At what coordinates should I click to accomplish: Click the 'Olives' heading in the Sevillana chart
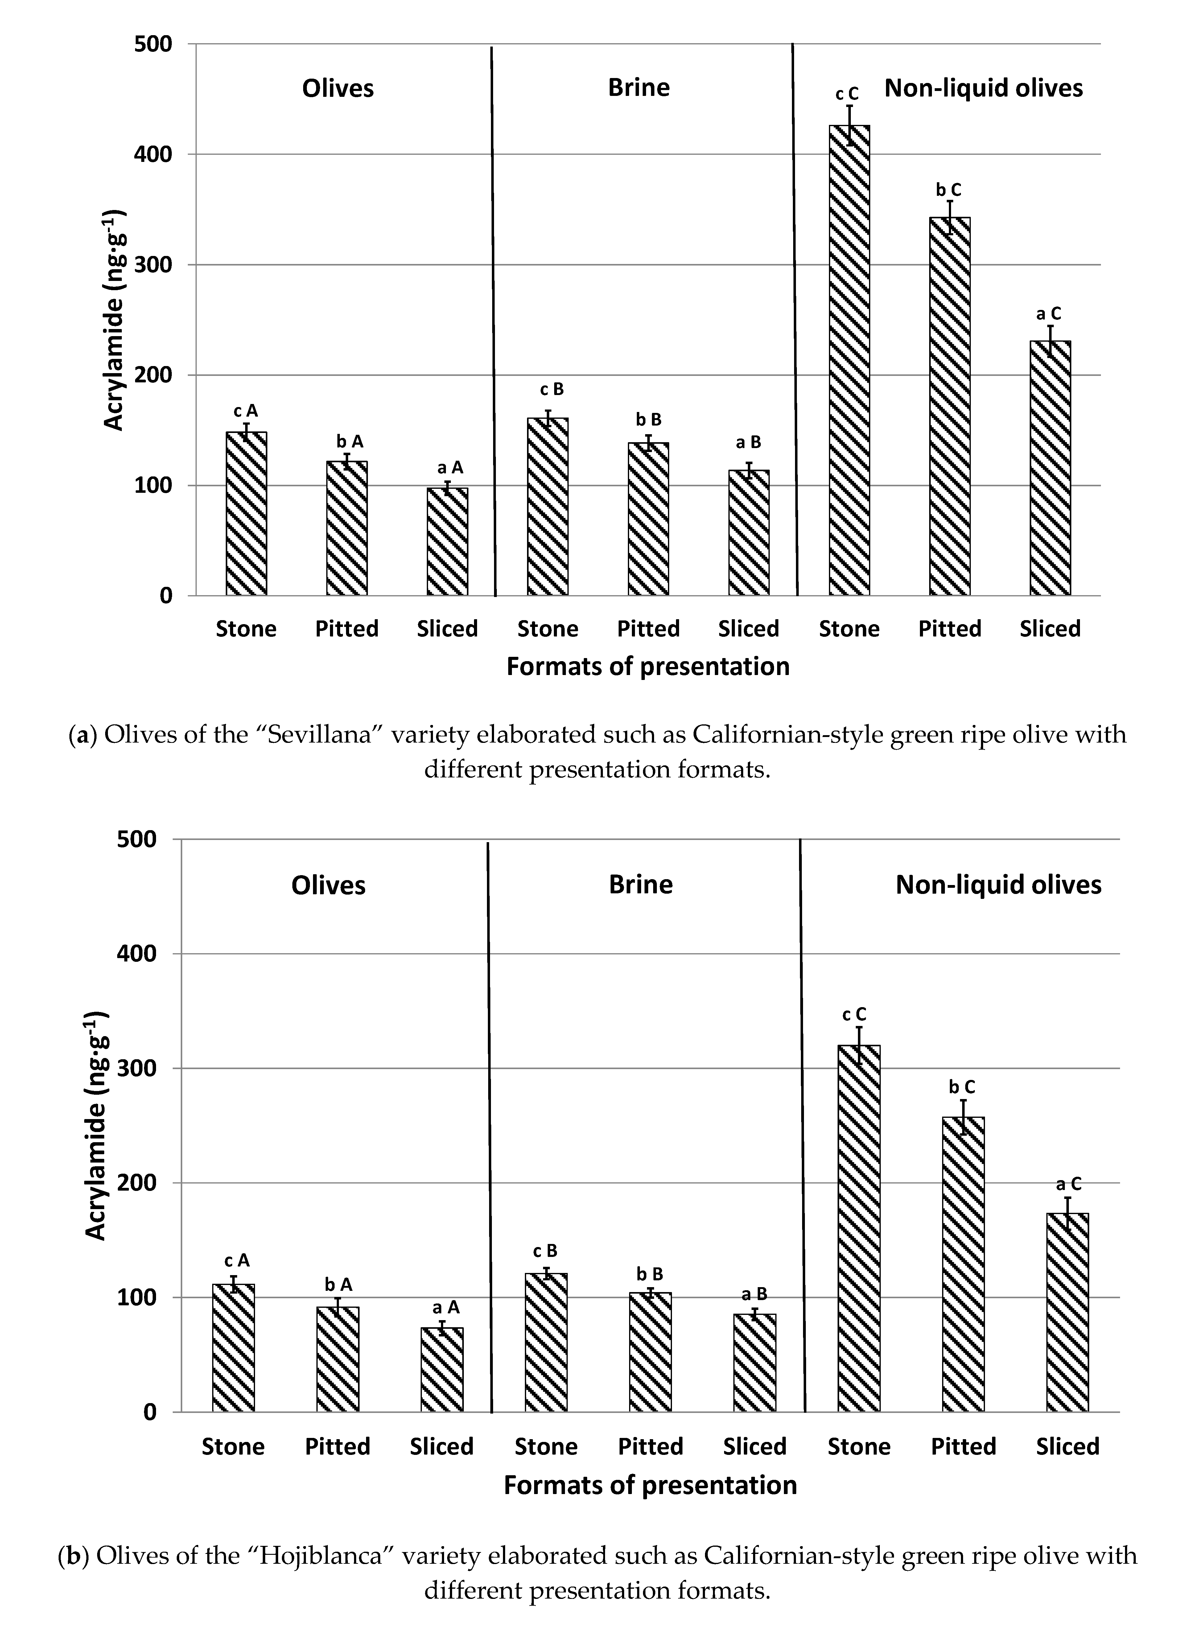click(338, 89)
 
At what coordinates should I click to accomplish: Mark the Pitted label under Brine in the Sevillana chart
click(648, 629)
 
